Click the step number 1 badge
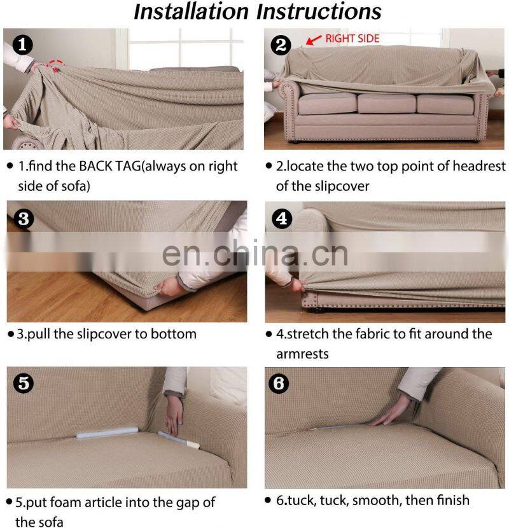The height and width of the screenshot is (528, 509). coord(23,45)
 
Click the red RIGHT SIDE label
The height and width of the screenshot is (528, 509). coord(352,39)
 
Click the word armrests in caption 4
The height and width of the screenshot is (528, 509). coord(302,353)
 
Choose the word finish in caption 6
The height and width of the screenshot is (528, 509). coord(449,500)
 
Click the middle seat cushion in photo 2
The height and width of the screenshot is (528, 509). coord(384,104)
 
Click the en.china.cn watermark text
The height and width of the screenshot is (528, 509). coord(254,253)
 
